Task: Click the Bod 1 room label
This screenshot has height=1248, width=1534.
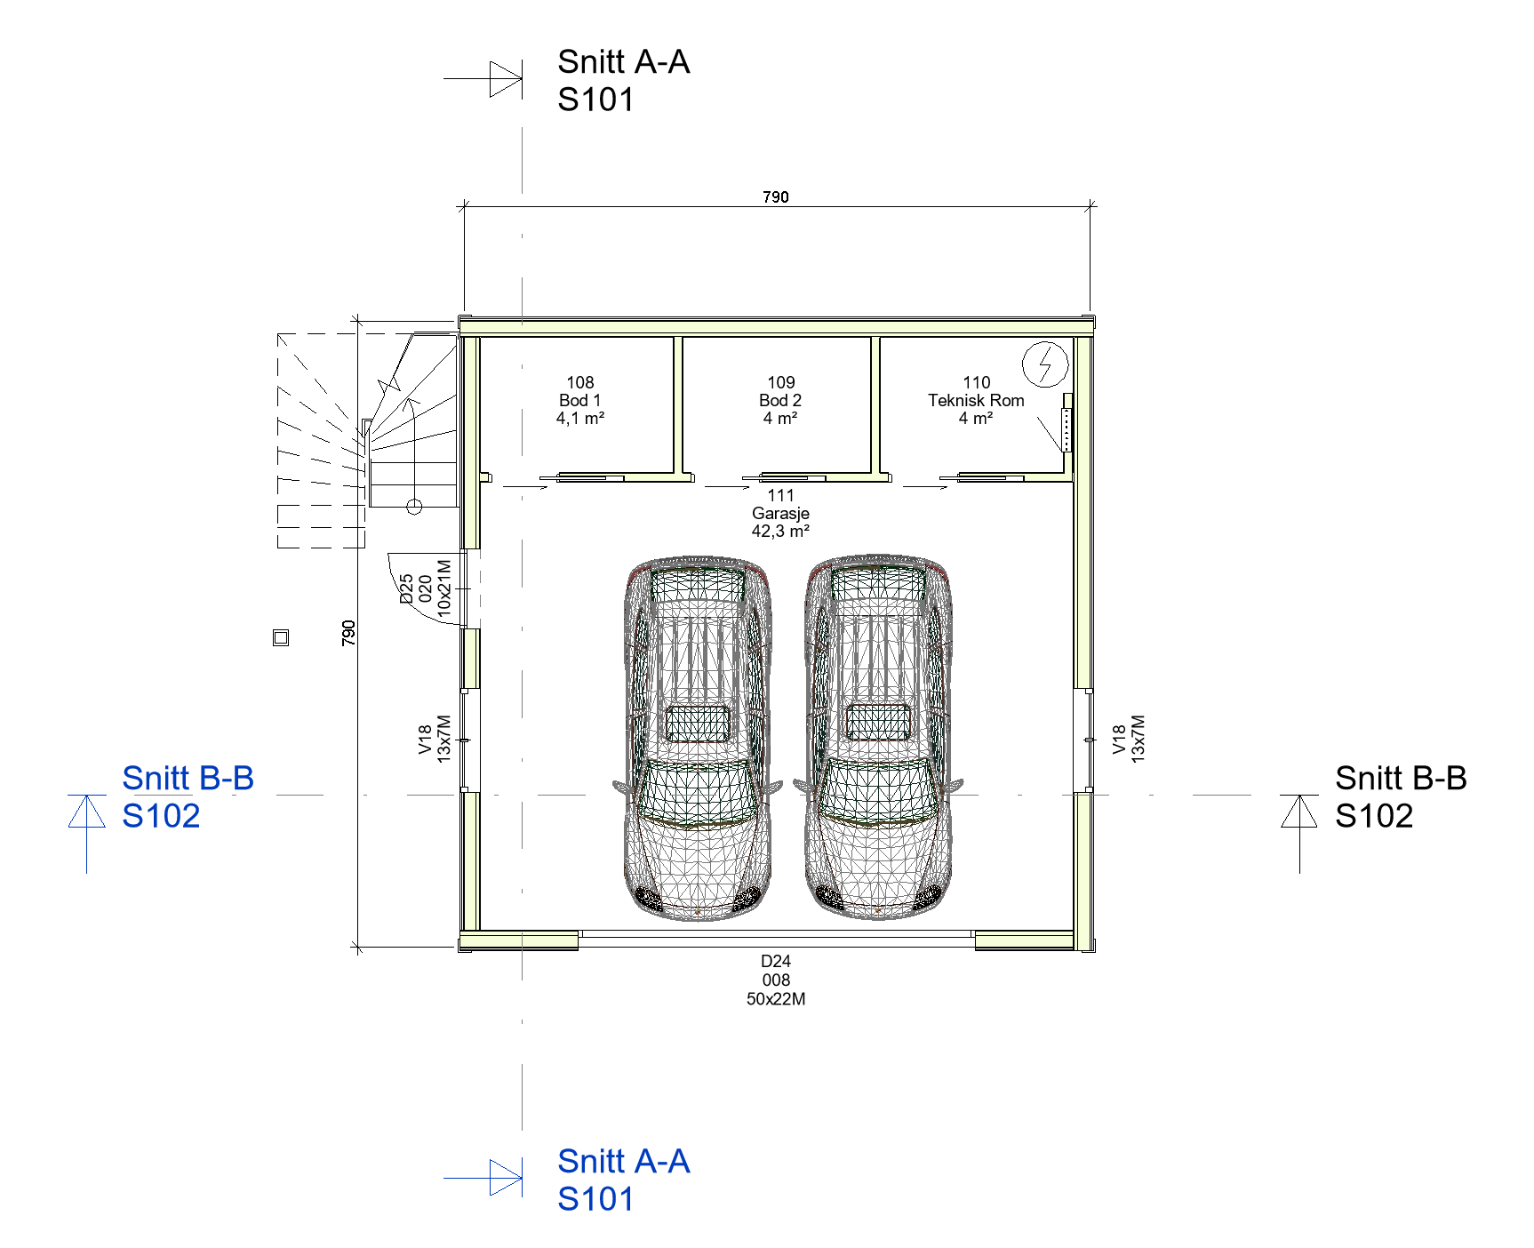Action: tap(580, 400)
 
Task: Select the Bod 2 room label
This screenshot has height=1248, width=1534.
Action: tap(780, 400)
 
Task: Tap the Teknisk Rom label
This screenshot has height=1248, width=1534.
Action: tap(976, 400)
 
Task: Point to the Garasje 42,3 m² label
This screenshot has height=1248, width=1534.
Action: tap(780, 513)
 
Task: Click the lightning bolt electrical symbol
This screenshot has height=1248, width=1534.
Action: tap(1045, 364)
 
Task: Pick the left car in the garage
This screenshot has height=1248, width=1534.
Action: tap(698, 738)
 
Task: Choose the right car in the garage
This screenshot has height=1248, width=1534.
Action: tap(878, 738)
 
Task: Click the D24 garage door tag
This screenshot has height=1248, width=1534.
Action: tap(776, 980)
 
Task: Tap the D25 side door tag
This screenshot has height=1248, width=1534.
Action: tap(426, 588)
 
